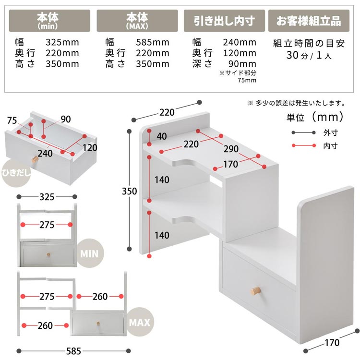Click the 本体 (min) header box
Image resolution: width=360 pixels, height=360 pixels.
tap(49, 21)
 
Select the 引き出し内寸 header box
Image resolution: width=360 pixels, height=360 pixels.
tap(224, 21)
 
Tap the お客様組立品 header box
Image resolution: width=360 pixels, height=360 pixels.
tap(309, 21)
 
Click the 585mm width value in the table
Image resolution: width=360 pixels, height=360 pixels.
tap(153, 42)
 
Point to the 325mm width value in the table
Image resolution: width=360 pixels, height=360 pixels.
tap(62, 42)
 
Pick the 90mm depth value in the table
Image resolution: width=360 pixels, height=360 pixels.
tap(242, 63)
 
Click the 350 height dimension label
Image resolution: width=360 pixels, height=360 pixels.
tap(129, 191)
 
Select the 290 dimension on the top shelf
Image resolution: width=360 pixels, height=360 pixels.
tap(231, 149)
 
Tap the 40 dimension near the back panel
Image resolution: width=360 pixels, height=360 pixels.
tap(162, 136)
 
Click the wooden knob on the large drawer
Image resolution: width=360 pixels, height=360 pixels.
tap(255, 291)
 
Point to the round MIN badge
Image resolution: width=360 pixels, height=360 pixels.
tap(89, 253)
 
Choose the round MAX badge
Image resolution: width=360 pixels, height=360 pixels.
tap(139, 322)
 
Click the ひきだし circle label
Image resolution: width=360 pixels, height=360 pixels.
tap(16, 173)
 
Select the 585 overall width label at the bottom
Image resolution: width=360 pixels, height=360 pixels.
tap(73, 351)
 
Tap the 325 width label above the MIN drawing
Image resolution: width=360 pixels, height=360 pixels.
tap(47, 197)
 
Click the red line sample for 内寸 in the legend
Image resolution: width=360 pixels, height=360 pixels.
tap(304, 145)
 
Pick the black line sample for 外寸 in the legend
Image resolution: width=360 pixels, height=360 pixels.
tap(304, 132)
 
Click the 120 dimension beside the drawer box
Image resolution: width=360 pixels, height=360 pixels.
tap(90, 148)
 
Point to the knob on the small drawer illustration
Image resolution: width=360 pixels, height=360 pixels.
tap(35, 159)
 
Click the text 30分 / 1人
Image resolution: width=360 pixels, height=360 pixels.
tap(309, 55)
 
